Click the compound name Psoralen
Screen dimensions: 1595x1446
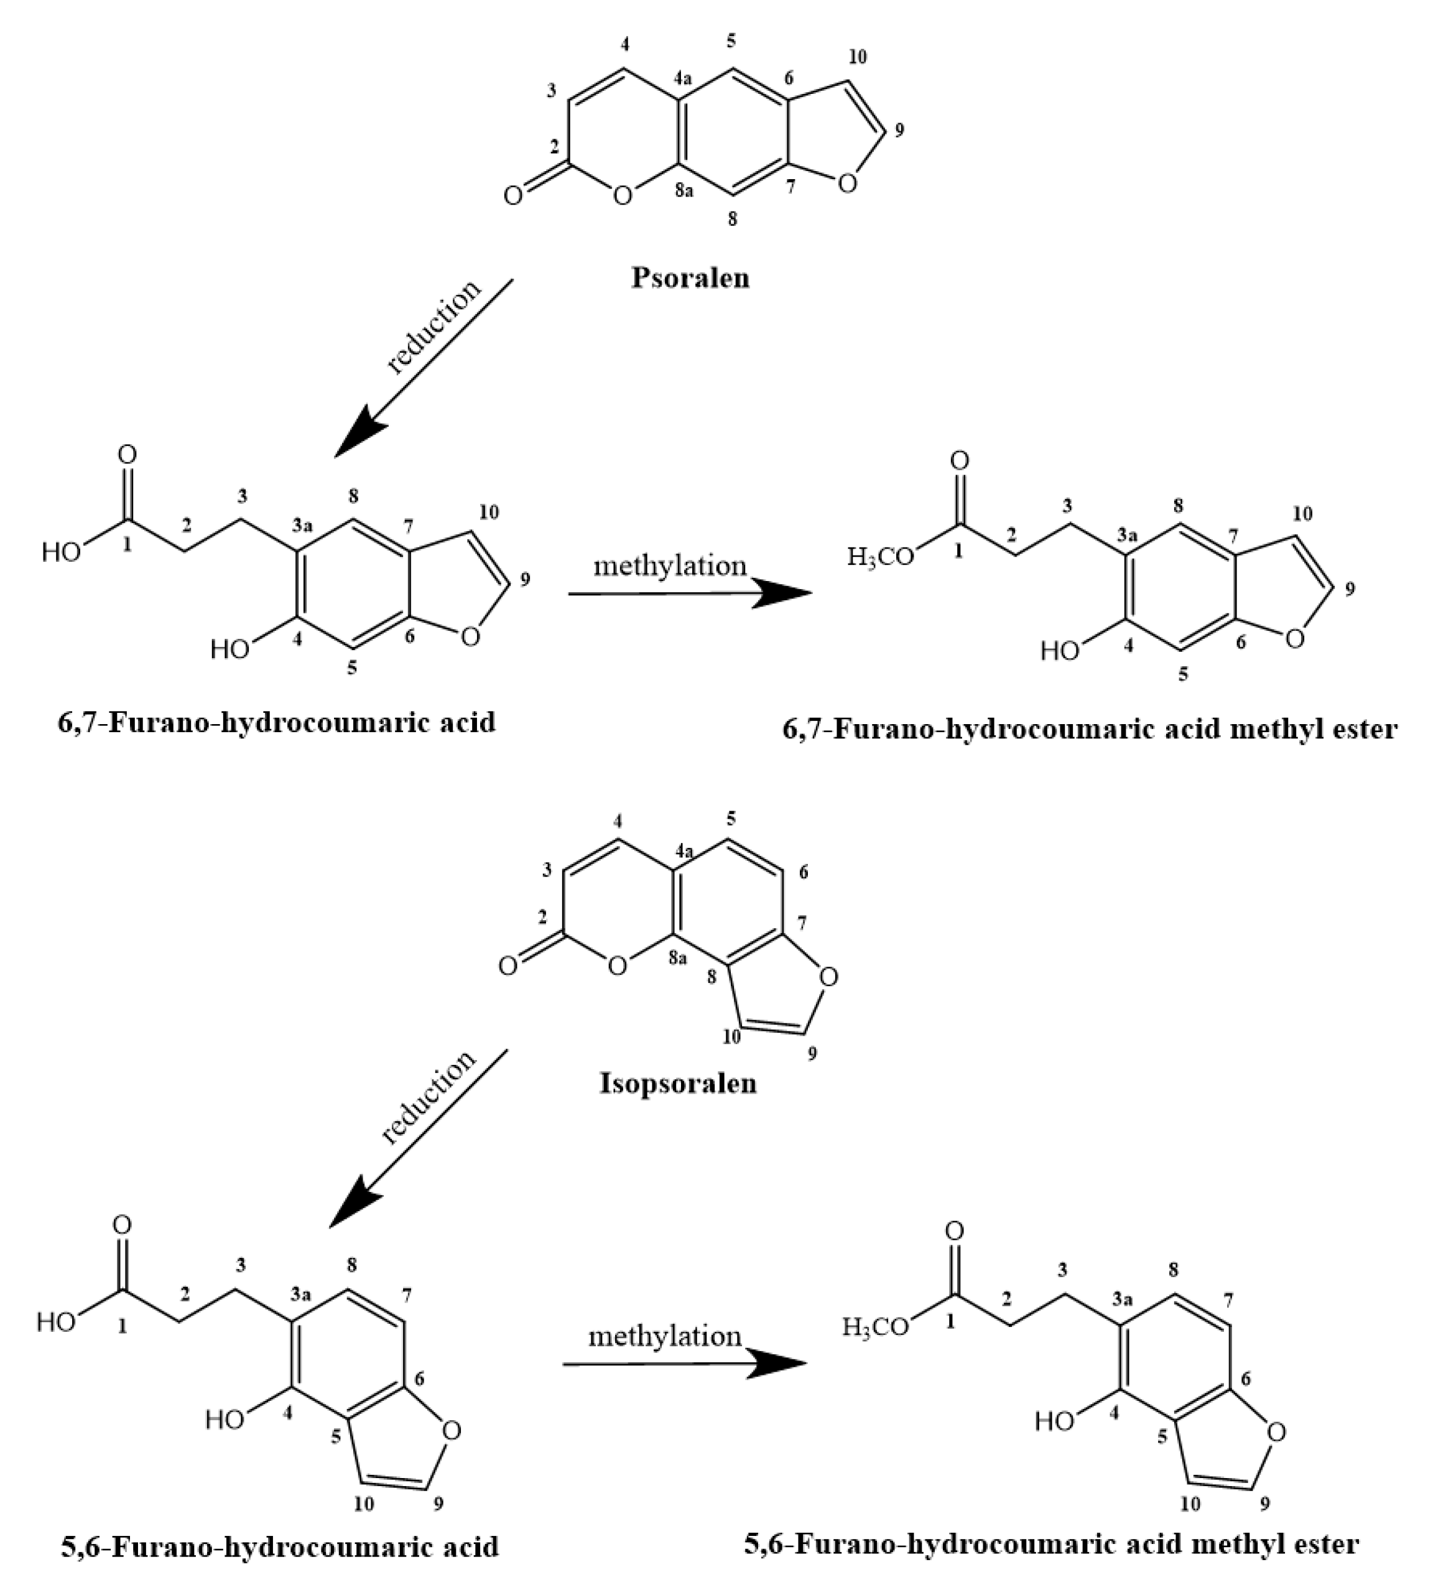coord(690,277)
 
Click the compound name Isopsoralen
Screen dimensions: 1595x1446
coord(678,1082)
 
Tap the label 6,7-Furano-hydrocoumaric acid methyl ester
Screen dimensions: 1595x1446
coord(1089,728)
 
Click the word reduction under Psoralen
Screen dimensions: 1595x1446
coord(433,325)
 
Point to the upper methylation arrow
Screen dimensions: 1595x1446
coord(690,593)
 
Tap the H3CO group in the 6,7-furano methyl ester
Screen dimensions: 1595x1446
coord(879,557)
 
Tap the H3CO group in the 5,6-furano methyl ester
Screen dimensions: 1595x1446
coord(875,1327)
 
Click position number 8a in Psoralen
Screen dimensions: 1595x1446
coord(684,191)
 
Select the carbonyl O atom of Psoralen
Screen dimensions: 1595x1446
coord(513,195)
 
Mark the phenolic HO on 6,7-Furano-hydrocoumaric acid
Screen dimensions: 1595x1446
coord(229,650)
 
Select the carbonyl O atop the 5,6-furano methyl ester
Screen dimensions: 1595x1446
coord(954,1231)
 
